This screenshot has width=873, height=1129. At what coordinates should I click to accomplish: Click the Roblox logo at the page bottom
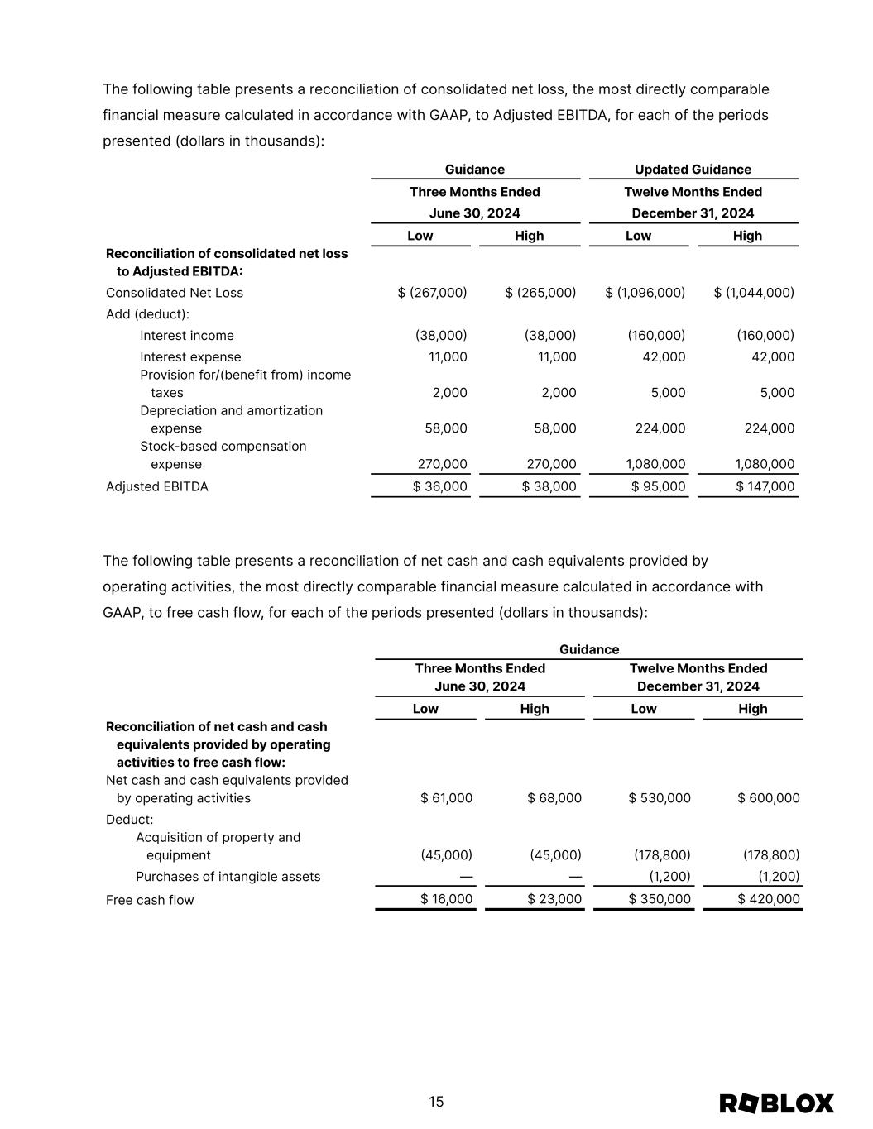point(776,1103)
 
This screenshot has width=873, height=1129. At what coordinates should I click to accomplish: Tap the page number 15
point(436,1102)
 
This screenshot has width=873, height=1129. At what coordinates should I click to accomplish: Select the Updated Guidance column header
point(693,170)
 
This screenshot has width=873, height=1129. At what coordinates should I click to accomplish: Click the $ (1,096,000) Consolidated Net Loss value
point(645,293)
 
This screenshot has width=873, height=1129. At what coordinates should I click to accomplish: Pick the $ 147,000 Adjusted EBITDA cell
point(754,486)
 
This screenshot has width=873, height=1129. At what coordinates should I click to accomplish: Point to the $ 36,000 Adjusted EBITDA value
point(440,486)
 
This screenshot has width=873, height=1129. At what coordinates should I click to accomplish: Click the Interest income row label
point(187,336)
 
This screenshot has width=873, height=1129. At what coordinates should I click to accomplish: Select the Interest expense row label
point(190,357)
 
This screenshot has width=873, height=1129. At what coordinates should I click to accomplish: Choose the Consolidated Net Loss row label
point(175,293)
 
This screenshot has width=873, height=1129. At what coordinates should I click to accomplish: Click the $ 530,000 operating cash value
point(660,798)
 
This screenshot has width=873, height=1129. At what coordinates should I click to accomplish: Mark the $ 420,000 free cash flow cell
point(769,899)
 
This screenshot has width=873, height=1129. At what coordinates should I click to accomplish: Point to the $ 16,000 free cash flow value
point(447,899)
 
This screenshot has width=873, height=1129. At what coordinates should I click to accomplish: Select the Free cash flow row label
point(150,900)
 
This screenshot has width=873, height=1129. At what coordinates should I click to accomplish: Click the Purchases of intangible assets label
point(228,877)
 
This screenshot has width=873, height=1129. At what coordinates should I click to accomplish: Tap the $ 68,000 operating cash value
point(554,798)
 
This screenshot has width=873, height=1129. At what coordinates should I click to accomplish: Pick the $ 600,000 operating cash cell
point(769,798)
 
